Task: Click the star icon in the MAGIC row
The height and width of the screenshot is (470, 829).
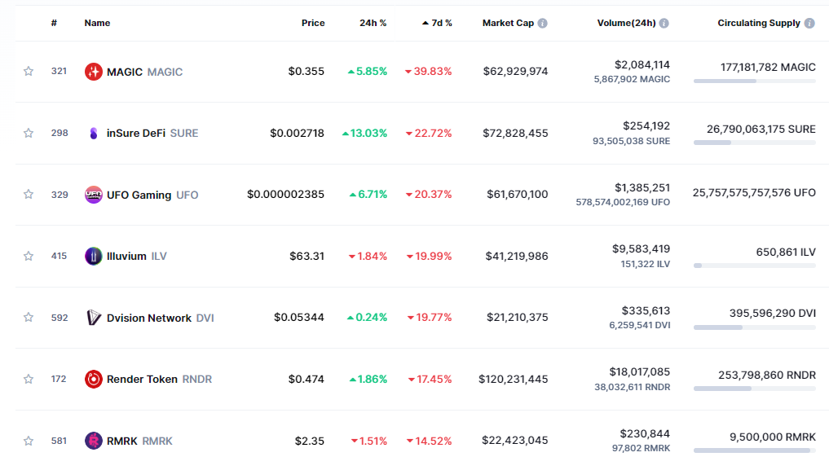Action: pos(29,72)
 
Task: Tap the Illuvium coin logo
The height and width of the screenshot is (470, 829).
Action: pos(94,256)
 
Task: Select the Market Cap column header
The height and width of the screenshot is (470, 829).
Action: pos(508,23)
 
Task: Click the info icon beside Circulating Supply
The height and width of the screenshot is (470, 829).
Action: pos(809,24)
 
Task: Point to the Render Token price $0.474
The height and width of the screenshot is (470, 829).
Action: pos(306,379)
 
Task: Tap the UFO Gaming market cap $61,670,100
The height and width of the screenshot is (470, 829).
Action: pos(516,195)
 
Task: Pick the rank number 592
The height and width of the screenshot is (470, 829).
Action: pos(60,318)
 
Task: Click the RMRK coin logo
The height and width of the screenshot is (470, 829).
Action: pos(94,441)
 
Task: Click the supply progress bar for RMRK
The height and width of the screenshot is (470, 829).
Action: pos(754,450)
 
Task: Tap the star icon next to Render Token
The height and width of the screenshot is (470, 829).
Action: pos(29,379)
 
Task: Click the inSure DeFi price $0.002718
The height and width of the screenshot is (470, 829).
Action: pos(298,133)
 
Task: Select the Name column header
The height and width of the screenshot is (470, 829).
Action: pos(97,23)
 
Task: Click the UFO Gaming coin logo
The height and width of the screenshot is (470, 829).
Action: pos(94,195)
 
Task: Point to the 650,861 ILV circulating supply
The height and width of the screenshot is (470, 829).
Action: pos(786,253)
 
